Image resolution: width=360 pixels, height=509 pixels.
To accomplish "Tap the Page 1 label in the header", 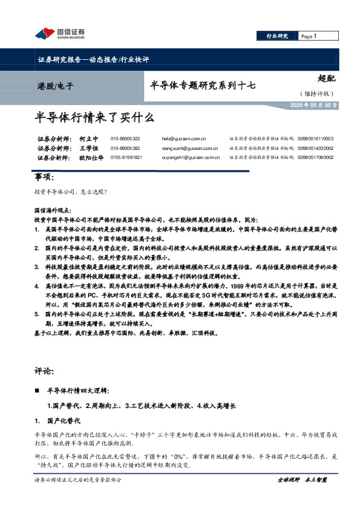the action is [309, 36].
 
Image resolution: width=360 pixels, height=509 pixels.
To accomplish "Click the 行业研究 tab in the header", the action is [278, 36].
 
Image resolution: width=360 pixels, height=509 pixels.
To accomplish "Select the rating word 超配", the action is [325, 78].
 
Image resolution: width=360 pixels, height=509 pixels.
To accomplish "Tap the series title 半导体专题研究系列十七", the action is [201, 86].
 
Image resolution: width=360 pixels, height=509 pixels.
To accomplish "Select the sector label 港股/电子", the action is [55, 86].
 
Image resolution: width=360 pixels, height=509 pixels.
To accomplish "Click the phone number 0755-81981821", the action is [126, 157].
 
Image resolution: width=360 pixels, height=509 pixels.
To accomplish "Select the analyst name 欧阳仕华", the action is [92, 157].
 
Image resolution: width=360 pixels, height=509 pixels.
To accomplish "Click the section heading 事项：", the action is [45, 177].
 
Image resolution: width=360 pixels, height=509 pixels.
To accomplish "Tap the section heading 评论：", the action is [45, 369].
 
